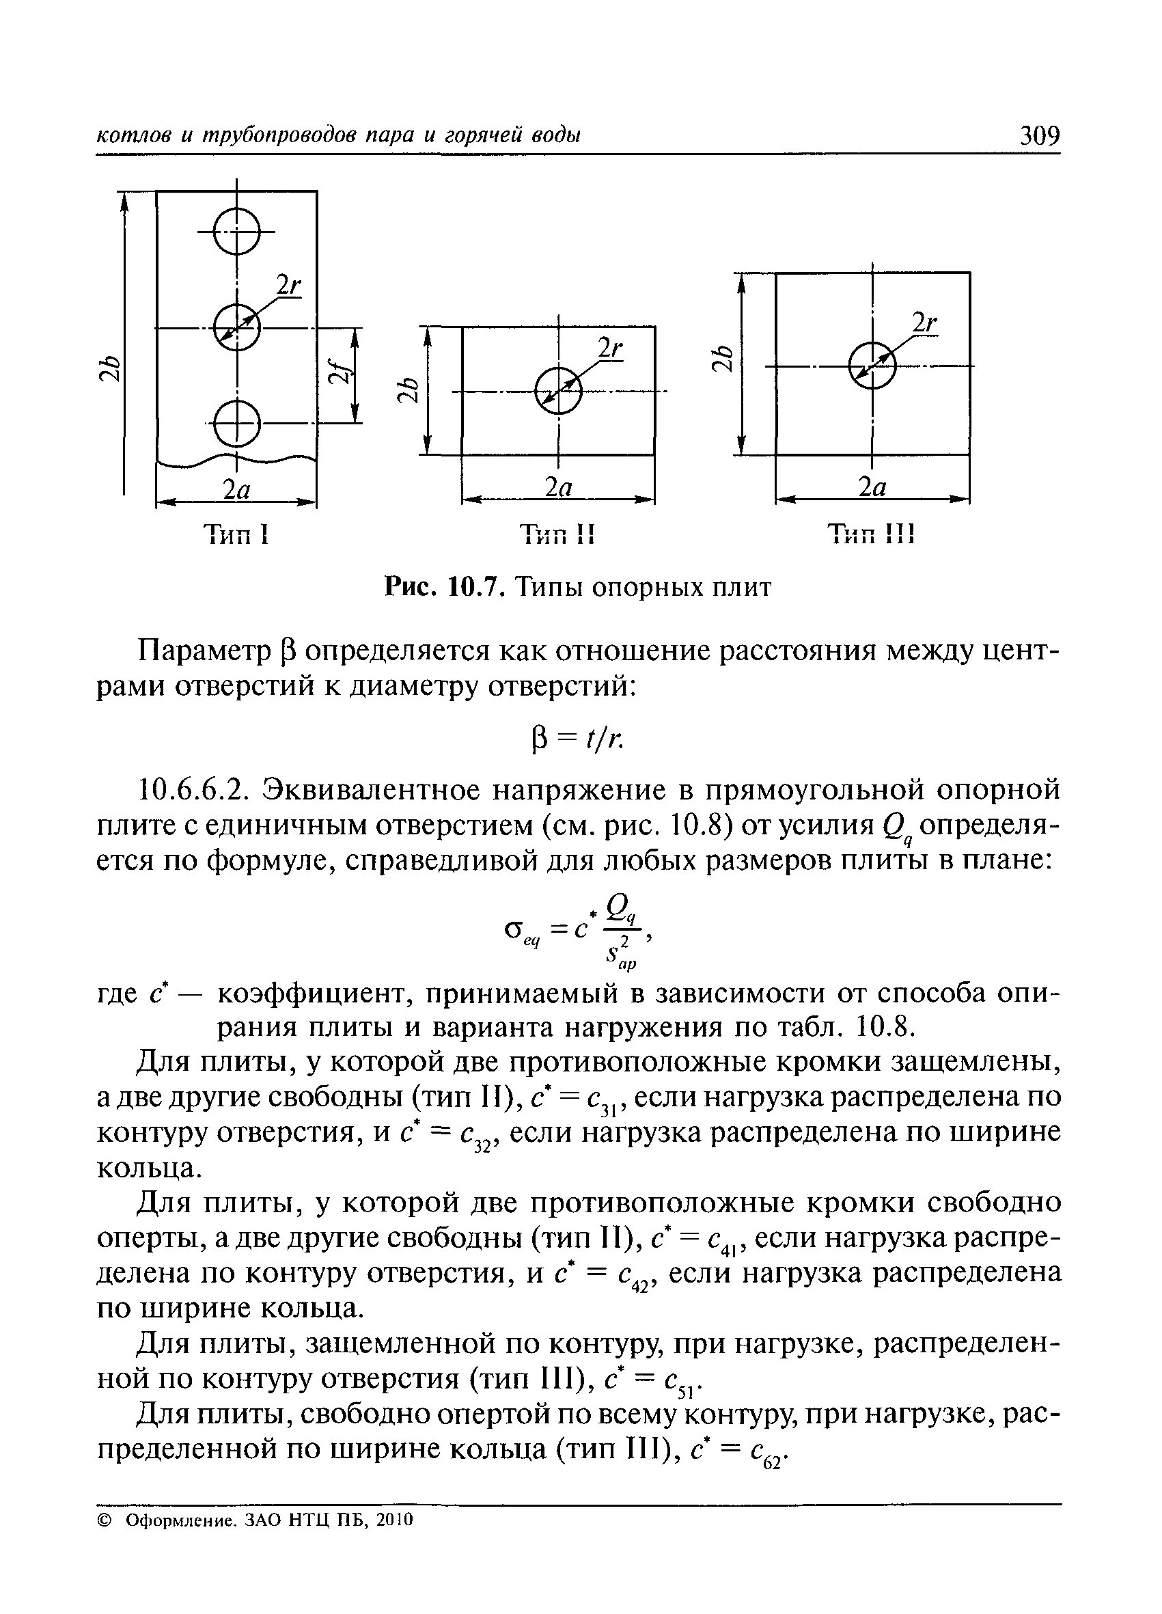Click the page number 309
1040,135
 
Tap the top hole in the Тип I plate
237,230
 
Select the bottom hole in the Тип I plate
237,424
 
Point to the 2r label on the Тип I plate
288,286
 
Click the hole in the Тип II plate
559,391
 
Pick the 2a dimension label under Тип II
559,487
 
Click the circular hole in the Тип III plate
872,365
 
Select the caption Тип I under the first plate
236,534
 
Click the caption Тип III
872,534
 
